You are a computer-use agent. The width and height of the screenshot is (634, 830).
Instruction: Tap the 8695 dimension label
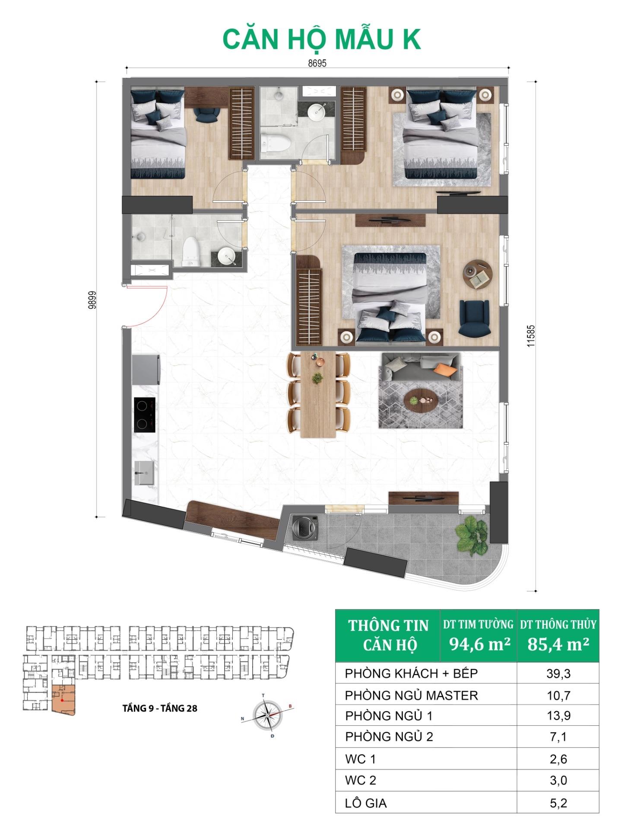317,64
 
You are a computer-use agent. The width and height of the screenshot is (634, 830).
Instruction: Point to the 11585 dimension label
531,336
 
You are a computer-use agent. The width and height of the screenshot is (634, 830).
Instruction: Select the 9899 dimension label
92,300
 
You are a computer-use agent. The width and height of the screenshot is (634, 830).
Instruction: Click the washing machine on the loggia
305,528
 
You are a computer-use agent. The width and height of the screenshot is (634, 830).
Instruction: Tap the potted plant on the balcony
473,536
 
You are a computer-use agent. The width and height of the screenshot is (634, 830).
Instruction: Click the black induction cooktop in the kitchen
145,415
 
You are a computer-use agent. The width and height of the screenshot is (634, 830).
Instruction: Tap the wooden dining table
318,393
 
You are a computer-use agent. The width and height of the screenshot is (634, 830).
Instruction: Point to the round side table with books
477,274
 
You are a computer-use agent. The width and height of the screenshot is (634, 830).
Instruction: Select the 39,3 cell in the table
558,674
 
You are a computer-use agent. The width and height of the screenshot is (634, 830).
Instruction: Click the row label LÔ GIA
366,803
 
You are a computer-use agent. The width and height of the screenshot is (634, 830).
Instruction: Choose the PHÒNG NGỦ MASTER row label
411,696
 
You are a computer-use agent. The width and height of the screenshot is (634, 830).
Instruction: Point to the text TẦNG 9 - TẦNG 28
160,708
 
